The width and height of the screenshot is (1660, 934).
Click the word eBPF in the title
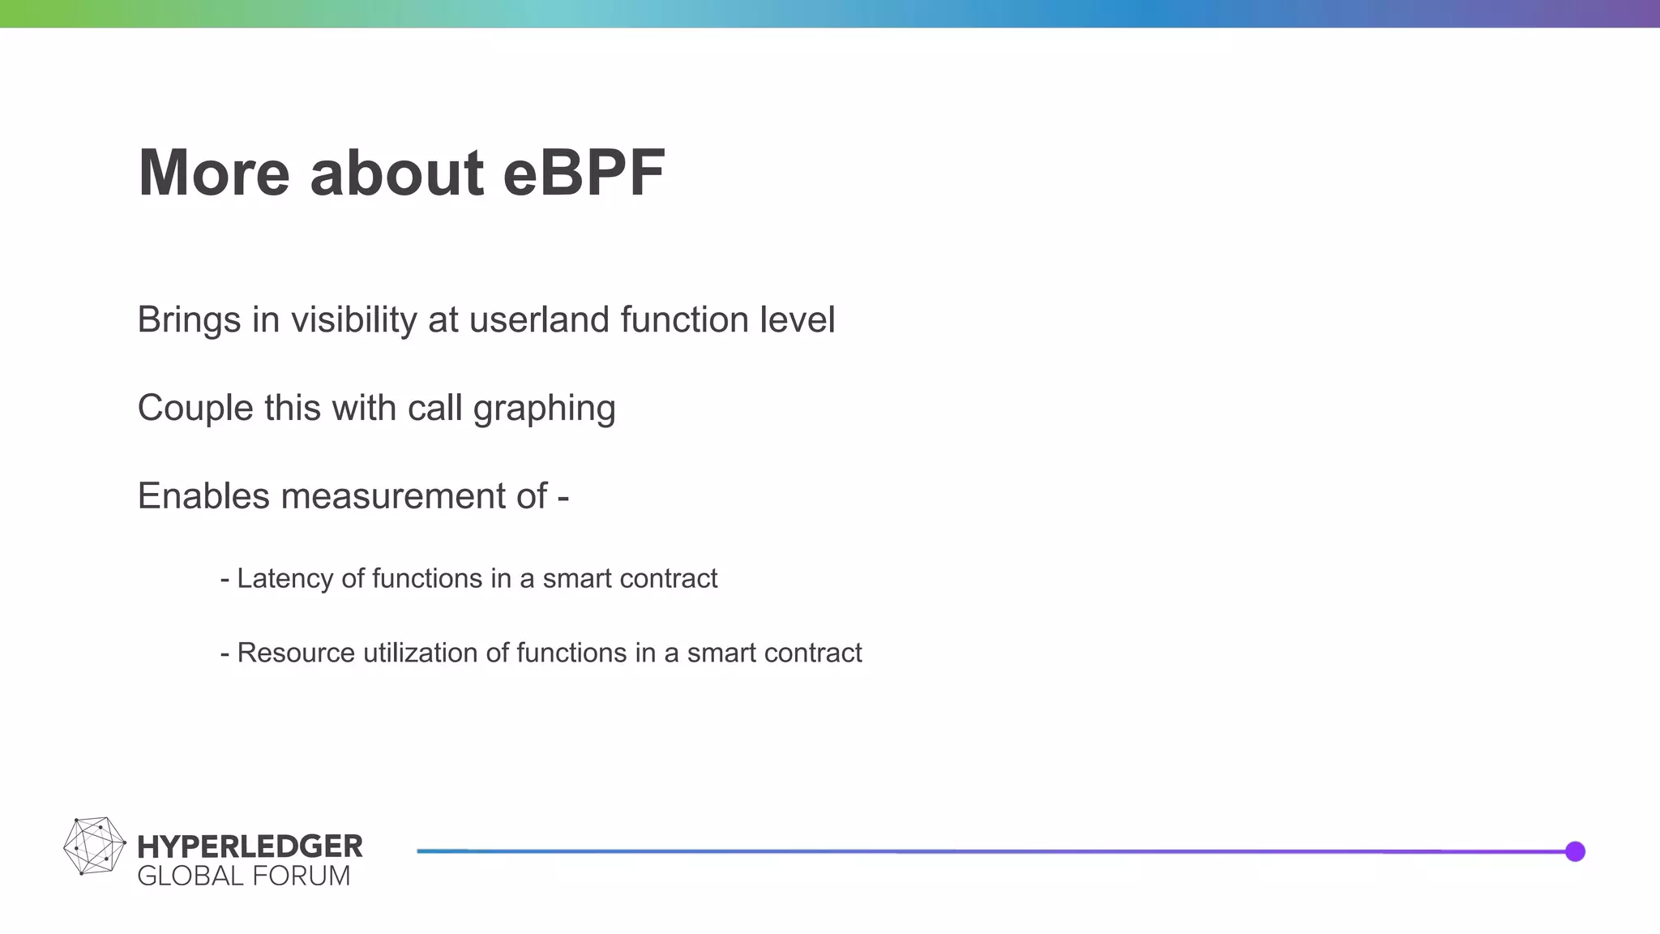[x=584, y=173]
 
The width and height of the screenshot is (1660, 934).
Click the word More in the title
[x=214, y=173]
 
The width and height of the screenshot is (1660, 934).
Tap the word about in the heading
[x=396, y=173]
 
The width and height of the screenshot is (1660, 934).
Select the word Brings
[x=189, y=319]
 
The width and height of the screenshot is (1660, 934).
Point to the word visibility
[x=353, y=319]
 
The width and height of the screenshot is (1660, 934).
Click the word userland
[x=539, y=319]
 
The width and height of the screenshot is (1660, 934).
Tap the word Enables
[x=203, y=496]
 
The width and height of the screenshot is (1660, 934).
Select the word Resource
[x=296, y=653]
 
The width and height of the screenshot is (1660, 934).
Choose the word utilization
[x=420, y=653]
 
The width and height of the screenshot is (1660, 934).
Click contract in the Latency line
[x=670, y=579]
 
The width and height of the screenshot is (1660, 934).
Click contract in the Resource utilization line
[x=815, y=653]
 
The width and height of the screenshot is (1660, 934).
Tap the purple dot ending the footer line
[x=1575, y=851]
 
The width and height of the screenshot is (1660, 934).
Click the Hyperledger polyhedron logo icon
[x=94, y=846]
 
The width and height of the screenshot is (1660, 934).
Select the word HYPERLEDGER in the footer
[x=250, y=846]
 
